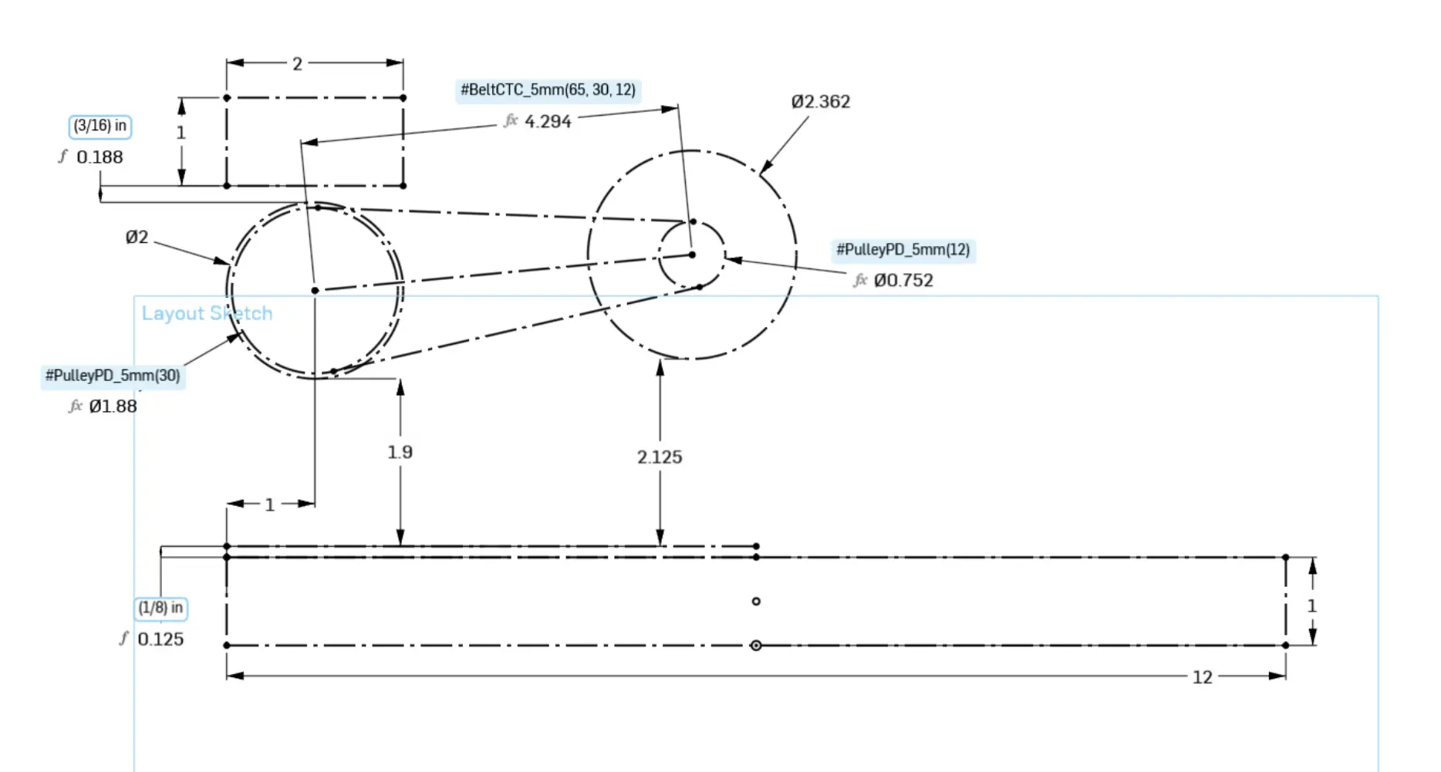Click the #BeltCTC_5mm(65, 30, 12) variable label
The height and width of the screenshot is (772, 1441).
(x=548, y=90)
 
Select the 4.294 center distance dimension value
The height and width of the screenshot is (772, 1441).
(x=548, y=122)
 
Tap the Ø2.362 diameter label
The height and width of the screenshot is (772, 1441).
(x=820, y=102)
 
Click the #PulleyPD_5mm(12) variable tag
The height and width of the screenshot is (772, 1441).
(x=903, y=250)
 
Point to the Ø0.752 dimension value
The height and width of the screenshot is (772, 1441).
(x=903, y=281)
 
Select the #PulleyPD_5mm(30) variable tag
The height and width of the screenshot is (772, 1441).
(x=113, y=376)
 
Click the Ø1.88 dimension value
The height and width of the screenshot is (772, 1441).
(x=113, y=406)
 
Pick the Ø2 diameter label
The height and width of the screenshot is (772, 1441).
(x=137, y=238)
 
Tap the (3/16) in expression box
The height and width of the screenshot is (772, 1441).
(x=100, y=126)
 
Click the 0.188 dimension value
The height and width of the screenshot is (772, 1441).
(x=100, y=157)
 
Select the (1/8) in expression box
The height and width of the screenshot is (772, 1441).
(x=160, y=608)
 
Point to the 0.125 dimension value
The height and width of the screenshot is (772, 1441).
(x=160, y=639)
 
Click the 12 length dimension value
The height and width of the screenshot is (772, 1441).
(x=1202, y=677)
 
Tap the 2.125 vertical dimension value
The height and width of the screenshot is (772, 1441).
(x=660, y=457)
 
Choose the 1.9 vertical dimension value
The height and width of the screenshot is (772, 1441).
(x=400, y=452)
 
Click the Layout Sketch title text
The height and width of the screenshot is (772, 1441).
(x=207, y=314)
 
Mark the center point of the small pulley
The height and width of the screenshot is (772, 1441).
(x=692, y=255)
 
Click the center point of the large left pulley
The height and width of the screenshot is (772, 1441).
(x=315, y=291)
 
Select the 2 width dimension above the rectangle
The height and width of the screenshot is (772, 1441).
(x=297, y=64)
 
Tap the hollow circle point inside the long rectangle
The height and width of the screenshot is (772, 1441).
(x=756, y=602)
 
